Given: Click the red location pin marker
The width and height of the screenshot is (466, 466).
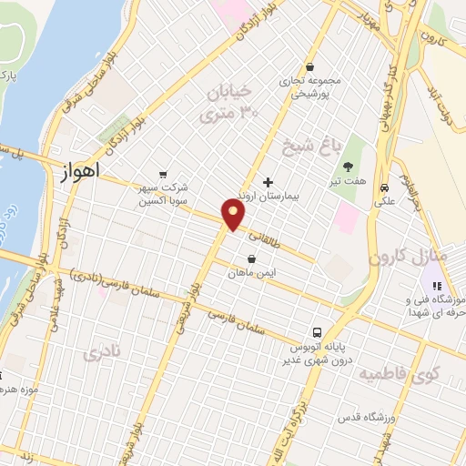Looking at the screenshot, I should [x=234, y=215].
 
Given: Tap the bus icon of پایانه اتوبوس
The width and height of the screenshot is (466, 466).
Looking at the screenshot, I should [x=316, y=331].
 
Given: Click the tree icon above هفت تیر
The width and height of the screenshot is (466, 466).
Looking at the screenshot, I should [x=348, y=167].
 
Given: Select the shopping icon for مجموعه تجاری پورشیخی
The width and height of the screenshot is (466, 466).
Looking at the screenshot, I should [x=310, y=66].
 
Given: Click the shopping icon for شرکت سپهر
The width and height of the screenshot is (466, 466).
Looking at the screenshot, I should [x=163, y=174].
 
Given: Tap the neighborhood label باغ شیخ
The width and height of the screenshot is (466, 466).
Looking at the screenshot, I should [x=296, y=147].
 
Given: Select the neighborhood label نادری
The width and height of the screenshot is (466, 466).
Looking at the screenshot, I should [x=100, y=355].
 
